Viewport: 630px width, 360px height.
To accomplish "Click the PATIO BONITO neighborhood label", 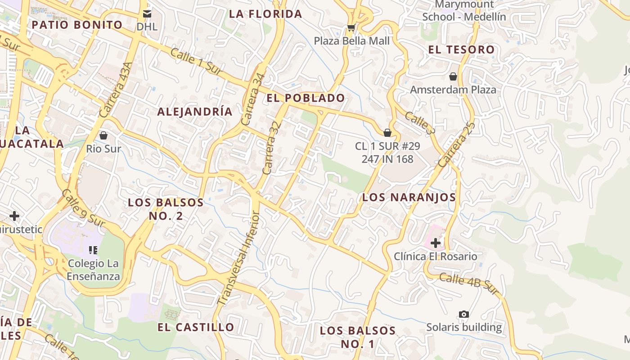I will [x=77, y=25].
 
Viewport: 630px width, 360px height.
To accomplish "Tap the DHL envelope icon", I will [x=147, y=14].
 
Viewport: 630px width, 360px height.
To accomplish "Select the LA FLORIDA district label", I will [x=265, y=14].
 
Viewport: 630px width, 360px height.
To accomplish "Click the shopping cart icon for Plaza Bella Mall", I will [x=351, y=28].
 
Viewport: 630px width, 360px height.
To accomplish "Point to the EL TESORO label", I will [x=461, y=49].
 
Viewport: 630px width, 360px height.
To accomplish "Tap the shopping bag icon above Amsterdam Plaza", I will [x=453, y=76].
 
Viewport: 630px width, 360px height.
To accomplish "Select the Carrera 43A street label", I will [x=116, y=90].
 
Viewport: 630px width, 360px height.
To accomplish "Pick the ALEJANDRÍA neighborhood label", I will [x=195, y=112].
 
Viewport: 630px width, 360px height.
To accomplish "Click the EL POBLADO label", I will [x=306, y=98].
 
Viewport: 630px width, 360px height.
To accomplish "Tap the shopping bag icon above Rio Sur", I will [x=103, y=135].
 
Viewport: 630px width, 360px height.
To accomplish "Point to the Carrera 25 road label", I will [x=456, y=145].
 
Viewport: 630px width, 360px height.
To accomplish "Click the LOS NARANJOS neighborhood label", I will [x=409, y=197].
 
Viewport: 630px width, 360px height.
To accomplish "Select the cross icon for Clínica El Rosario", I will [x=435, y=243].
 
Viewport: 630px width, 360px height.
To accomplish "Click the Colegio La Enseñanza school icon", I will [x=93, y=250].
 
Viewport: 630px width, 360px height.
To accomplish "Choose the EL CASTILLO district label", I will [x=196, y=327].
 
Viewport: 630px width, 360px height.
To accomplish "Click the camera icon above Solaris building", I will [x=463, y=314].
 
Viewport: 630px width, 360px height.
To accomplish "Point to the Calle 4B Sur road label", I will [x=469, y=284].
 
